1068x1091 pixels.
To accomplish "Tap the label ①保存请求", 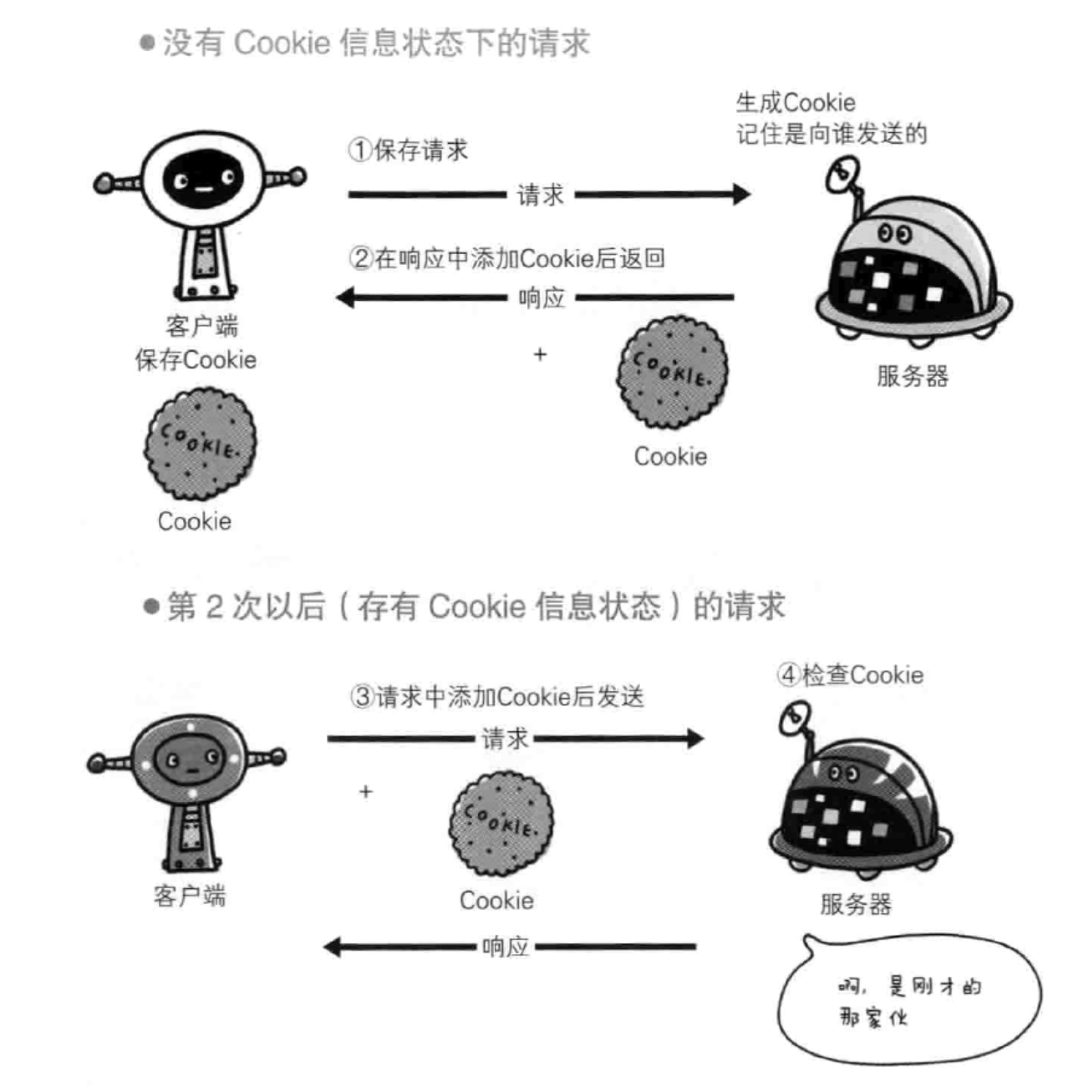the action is pyautogui.click(x=408, y=150).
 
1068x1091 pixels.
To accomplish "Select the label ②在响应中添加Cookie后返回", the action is pyautogui.click(x=506, y=258).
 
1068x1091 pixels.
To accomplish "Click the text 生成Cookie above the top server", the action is pyautogui.click(x=795, y=103).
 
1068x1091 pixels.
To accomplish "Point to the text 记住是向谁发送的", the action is pyautogui.click(x=832, y=134).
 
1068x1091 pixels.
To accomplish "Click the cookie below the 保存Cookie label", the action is pyautogui.click(x=200, y=444).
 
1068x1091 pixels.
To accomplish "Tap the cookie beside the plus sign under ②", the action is pyautogui.click(x=672, y=373).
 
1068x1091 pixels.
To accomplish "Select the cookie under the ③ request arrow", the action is pyautogui.click(x=501, y=823).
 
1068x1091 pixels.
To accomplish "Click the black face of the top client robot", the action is pyautogui.click(x=203, y=180).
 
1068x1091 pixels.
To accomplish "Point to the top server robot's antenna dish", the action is pyautogui.click(x=840, y=175).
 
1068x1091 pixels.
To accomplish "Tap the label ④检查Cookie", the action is pyautogui.click(x=850, y=675).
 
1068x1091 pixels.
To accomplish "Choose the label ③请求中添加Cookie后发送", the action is pyautogui.click(x=496, y=697).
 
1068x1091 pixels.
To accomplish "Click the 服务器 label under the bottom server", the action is pyautogui.click(x=855, y=904).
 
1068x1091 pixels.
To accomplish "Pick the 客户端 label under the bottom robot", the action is pyautogui.click(x=190, y=896).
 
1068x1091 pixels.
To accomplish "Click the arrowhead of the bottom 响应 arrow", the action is pyautogui.click(x=333, y=946).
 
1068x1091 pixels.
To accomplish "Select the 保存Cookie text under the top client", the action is pyautogui.click(x=196, y=360).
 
